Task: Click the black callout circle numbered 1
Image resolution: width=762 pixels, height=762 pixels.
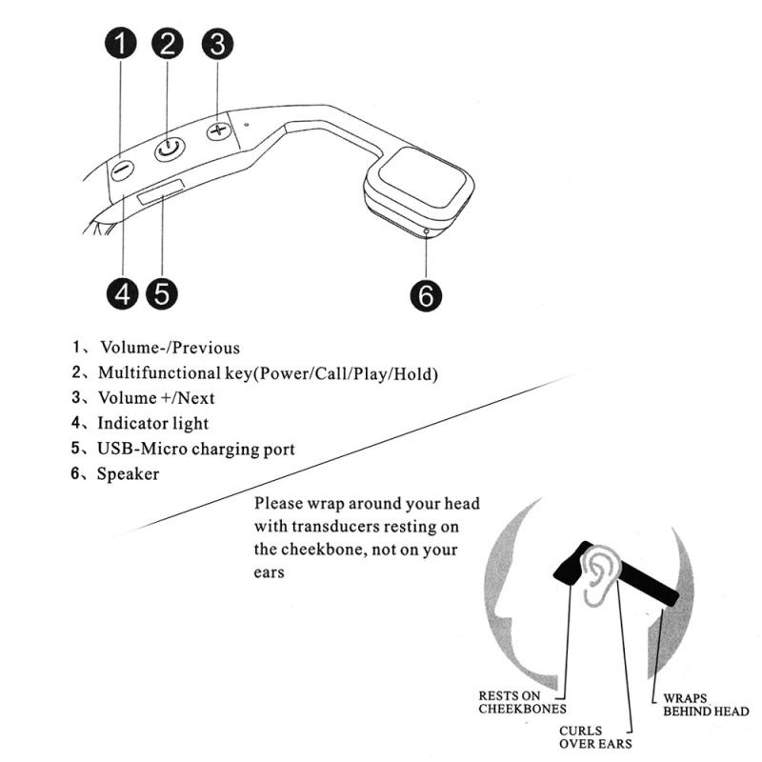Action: tap(121, 45)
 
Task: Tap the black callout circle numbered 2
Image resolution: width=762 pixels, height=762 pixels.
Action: tap(169, 45)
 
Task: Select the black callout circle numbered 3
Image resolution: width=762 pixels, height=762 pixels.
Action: tap(218, 45)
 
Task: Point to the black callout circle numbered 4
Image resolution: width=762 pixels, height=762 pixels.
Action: tap(121, 293)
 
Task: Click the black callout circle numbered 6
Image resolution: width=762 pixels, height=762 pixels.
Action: tap(426, 294)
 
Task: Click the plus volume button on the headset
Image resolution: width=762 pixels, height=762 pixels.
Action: tap(220, 130)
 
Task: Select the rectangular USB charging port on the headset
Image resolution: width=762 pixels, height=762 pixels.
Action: tap(159, 197)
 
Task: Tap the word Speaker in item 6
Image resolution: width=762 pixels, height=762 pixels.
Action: tap(128, 473)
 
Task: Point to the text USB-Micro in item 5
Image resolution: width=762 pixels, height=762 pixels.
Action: tap(140, 449)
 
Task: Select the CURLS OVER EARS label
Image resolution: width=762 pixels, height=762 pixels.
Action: tap(595, 737)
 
